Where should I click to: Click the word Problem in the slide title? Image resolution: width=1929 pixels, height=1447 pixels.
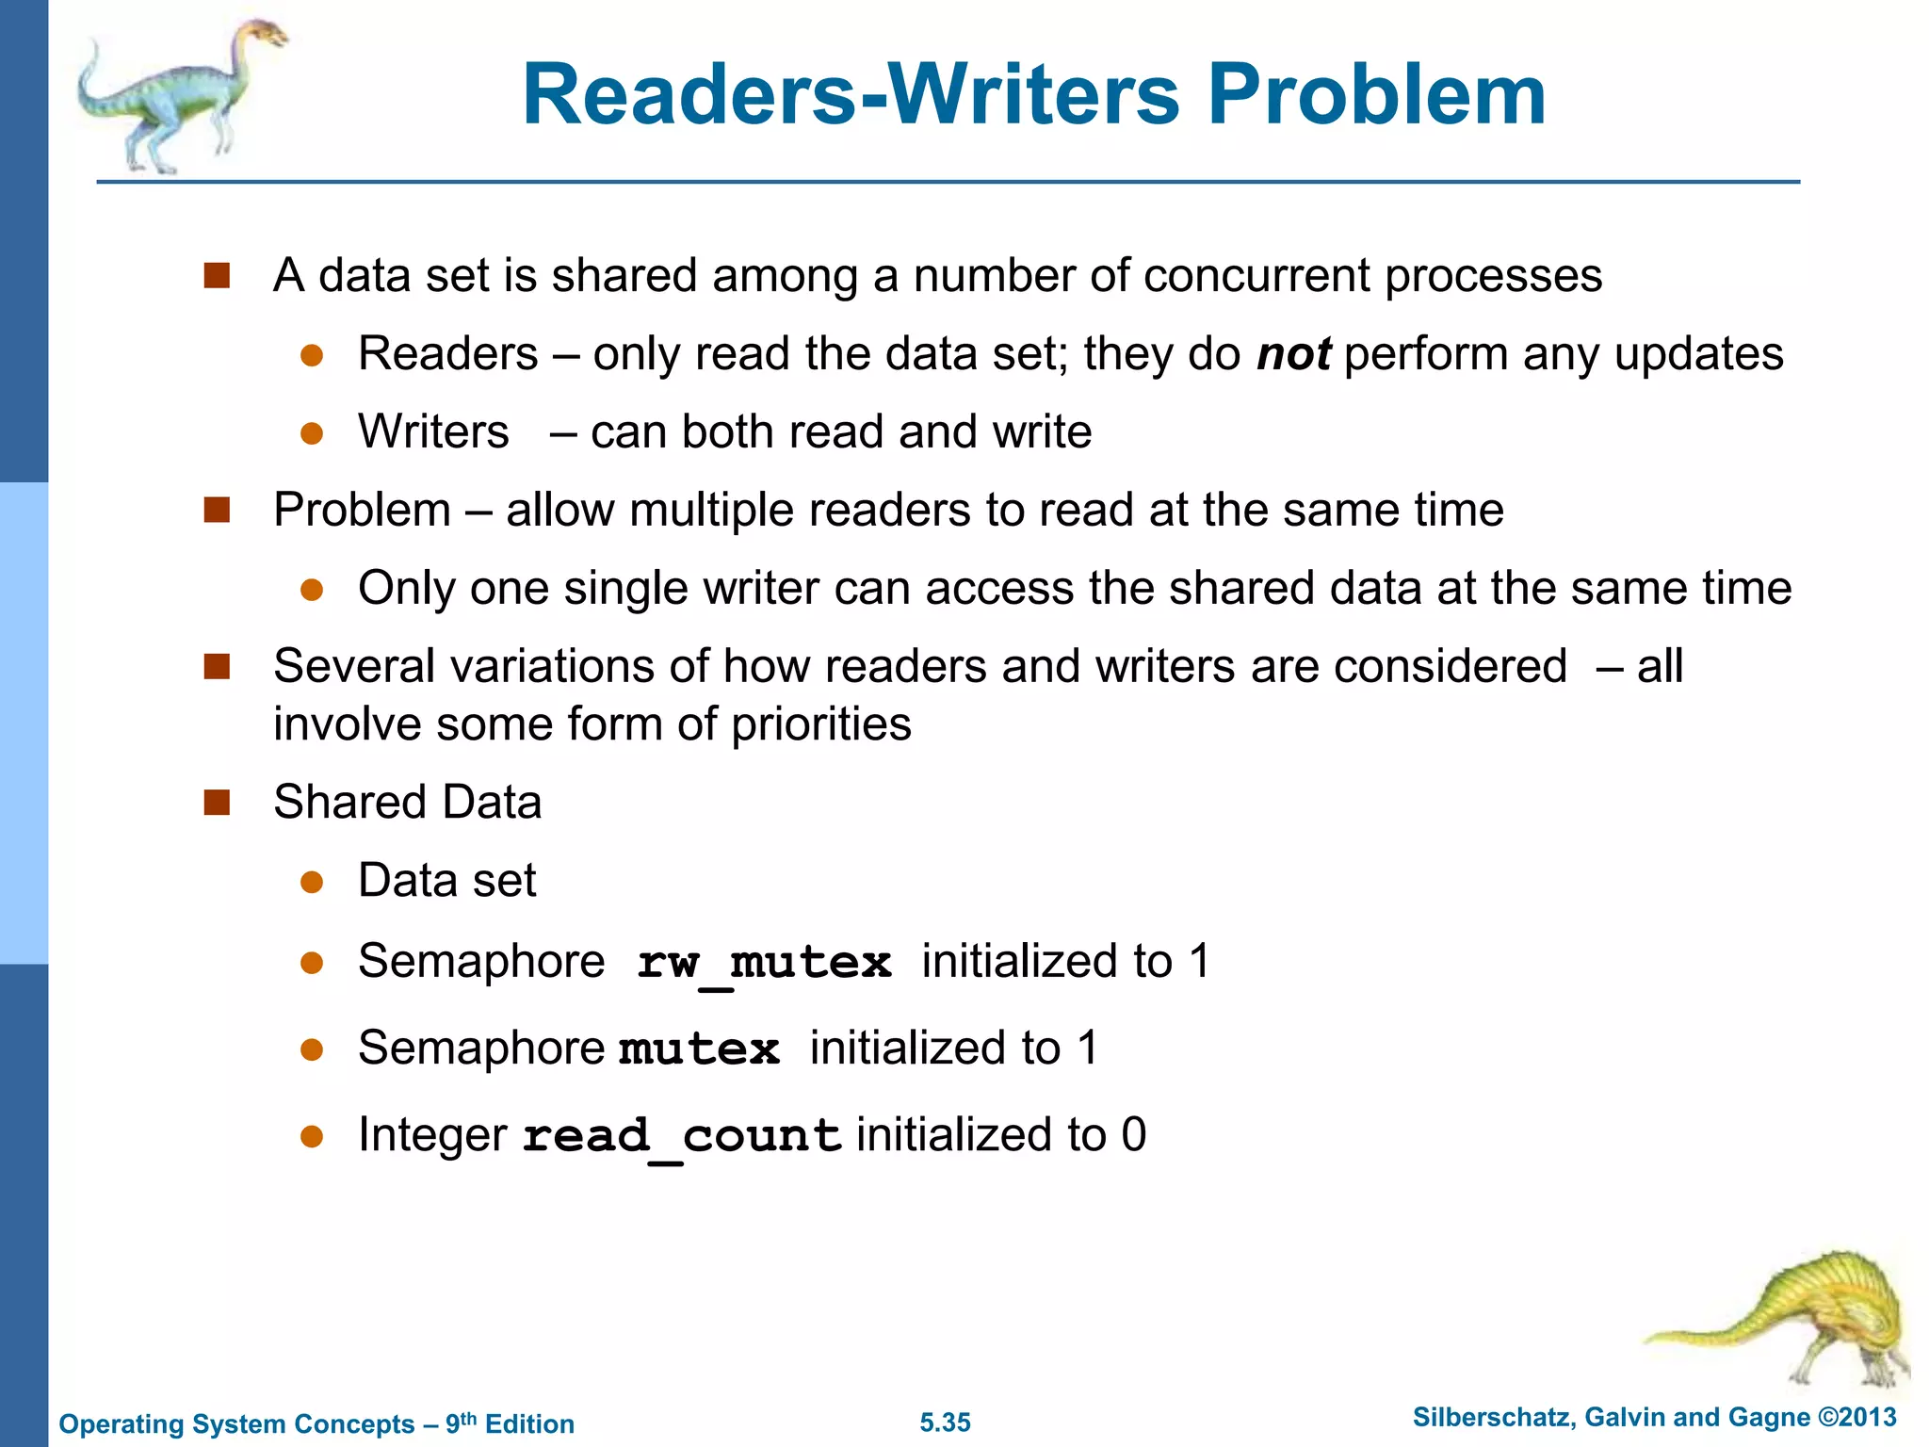point(1376,95)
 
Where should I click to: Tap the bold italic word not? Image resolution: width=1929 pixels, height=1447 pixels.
point(1293,354)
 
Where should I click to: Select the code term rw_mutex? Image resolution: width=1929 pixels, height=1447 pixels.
point(763,963)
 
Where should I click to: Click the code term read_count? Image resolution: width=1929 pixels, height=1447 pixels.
point(681,1135)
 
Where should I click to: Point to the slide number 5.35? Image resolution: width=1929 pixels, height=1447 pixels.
point(945,1423)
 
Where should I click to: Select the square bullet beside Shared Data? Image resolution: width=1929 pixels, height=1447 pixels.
point(217,803)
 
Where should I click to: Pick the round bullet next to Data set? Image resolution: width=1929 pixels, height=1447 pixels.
point(312,883)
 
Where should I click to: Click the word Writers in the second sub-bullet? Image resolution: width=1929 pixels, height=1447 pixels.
point(433,432)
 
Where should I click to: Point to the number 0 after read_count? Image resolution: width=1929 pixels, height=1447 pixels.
point(1133,1134)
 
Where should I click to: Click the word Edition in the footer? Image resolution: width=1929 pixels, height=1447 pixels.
point(528,1424)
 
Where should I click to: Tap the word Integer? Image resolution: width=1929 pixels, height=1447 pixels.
point(432,1135)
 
